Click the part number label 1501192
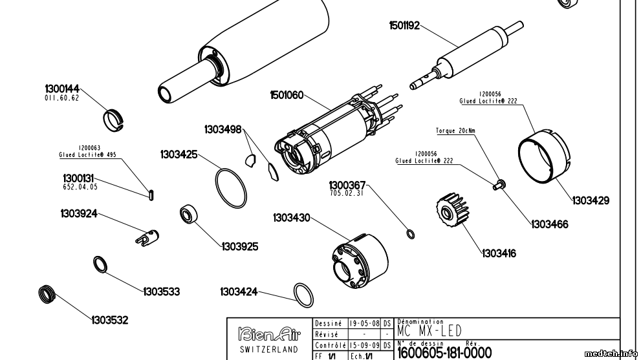click(404, 26)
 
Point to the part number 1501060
click(287, 95)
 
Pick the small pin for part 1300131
click(151, 193)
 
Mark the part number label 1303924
click(79, 213)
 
